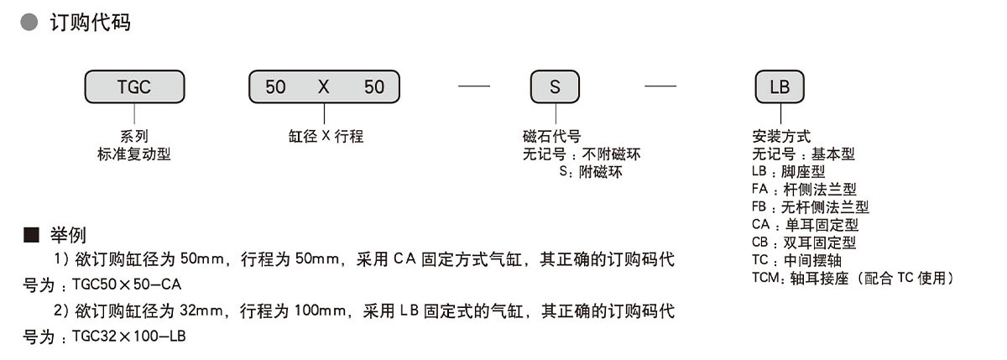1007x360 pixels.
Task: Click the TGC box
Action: pos(134,86)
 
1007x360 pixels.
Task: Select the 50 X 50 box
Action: pos(324,86)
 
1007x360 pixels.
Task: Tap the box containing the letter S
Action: pos(555,86)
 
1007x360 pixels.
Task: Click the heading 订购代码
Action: pos(91,23)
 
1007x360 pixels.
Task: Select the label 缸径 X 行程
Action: pos(324,137)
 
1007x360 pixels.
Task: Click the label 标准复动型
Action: pos(134,154)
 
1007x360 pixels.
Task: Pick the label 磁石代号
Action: pos(551,137)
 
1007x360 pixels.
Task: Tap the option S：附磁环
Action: pos(592,173)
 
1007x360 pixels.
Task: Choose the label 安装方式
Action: pos(782,137)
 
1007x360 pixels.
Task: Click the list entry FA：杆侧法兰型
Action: pos(804,190)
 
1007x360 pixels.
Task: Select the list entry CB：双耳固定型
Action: pos(804,243)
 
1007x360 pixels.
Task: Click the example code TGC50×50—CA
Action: pos(128,286)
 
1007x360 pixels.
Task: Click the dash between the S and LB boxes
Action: pos(660,86)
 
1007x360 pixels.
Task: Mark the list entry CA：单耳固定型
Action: pos(805,225)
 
